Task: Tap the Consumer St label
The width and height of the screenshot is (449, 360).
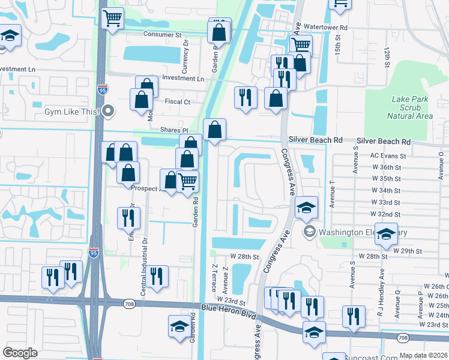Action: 162,35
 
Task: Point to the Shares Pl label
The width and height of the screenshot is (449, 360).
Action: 173,130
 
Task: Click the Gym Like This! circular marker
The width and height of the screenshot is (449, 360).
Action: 108,110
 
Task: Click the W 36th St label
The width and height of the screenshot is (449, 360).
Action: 386,167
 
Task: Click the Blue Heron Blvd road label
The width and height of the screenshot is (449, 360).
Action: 228,311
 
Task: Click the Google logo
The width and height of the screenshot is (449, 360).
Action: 20,353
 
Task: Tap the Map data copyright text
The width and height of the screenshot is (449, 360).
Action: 423,355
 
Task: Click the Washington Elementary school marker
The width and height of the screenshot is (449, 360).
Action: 310,232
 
